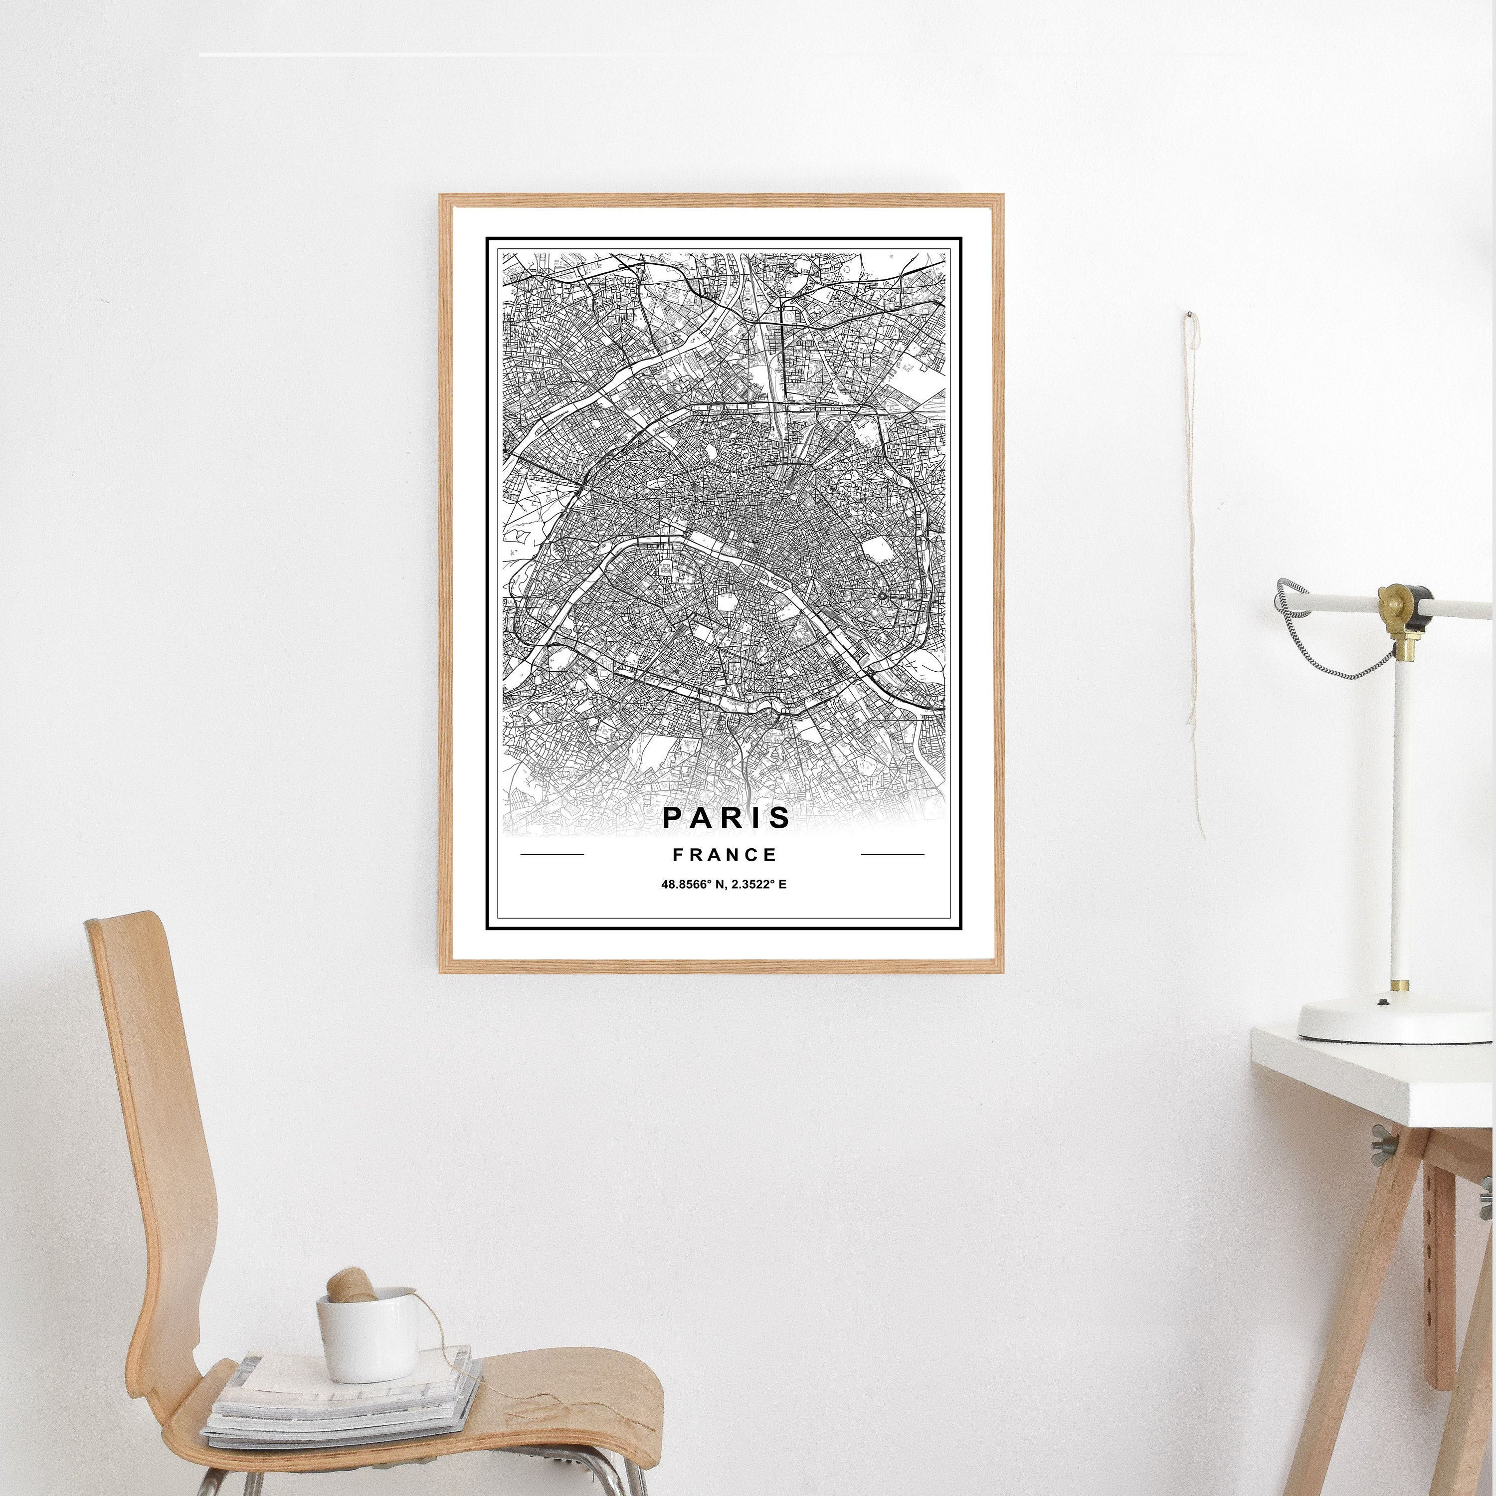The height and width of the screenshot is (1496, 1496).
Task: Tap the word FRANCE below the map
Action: point(725,855)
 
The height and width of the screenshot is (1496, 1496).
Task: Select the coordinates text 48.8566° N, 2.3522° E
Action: point(723,884)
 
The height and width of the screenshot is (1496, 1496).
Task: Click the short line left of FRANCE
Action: point(552,855)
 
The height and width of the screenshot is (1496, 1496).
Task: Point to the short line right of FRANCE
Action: point(892,855)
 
